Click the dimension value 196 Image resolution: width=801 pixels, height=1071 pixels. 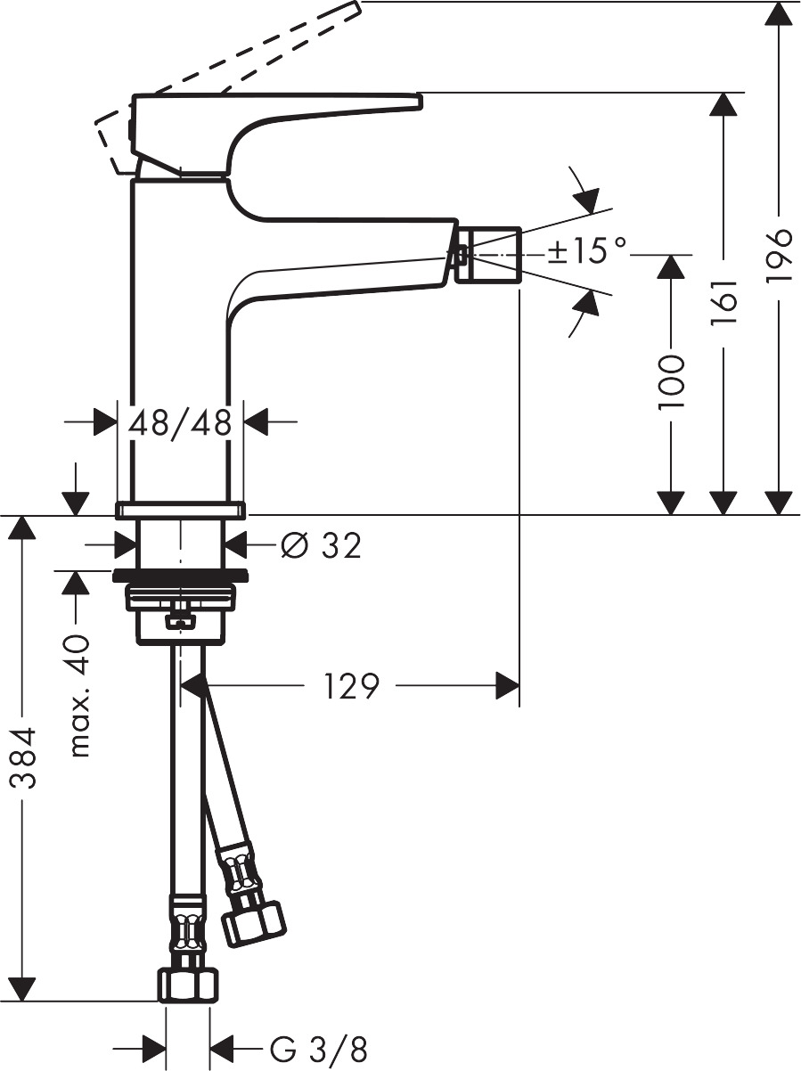point(779,256)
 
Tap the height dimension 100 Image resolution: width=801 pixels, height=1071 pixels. point(671,381)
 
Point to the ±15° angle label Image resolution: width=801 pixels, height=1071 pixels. point(587,251)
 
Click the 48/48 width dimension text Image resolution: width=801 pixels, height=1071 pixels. point(181,421)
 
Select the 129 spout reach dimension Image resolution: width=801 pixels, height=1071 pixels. point(351,686)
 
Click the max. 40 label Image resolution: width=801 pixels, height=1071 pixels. point(80,696)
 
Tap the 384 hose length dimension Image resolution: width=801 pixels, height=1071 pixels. point(24,758)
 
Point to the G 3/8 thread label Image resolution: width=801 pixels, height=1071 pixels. point(318,1049)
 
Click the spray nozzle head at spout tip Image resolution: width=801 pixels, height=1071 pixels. point(486,255)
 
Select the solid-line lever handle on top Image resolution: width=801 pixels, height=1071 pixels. point(276,111)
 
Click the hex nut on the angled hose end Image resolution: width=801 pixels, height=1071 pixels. point(253,922)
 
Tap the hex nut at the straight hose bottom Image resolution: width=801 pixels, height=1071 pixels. point(188,985)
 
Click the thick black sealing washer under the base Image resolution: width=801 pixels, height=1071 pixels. point(180,575)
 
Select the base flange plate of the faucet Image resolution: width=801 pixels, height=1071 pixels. point(180,510)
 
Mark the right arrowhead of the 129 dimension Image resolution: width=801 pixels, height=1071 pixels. point(508,686)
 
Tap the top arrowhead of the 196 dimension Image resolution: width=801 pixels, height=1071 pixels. point(779,12)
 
